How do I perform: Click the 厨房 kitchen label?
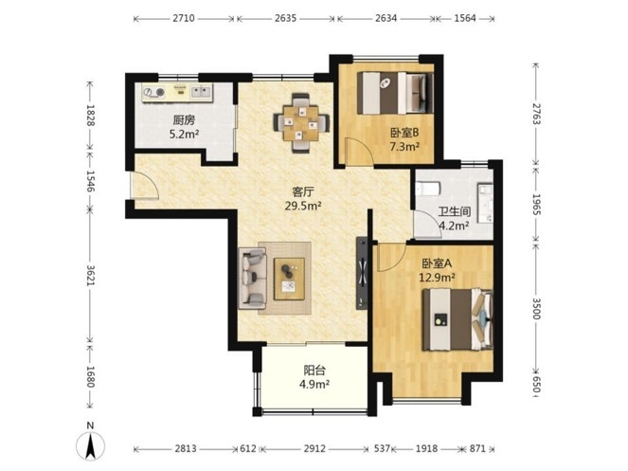185,119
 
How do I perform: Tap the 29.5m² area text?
303,206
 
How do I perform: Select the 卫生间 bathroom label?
454,211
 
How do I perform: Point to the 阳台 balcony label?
314,370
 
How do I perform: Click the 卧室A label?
437,263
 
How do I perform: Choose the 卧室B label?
404,133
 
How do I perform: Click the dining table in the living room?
301,122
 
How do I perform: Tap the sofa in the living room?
253,279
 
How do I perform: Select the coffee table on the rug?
289,279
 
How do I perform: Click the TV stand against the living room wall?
362,273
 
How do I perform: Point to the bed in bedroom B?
395,93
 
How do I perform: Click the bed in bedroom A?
458,319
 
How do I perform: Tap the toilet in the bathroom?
428,188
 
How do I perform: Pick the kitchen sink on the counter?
201,92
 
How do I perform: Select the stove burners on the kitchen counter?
154,93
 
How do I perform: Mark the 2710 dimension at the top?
184,18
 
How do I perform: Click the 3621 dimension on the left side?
90,276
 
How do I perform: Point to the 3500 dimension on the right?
536,308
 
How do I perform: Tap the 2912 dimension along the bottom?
314,448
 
